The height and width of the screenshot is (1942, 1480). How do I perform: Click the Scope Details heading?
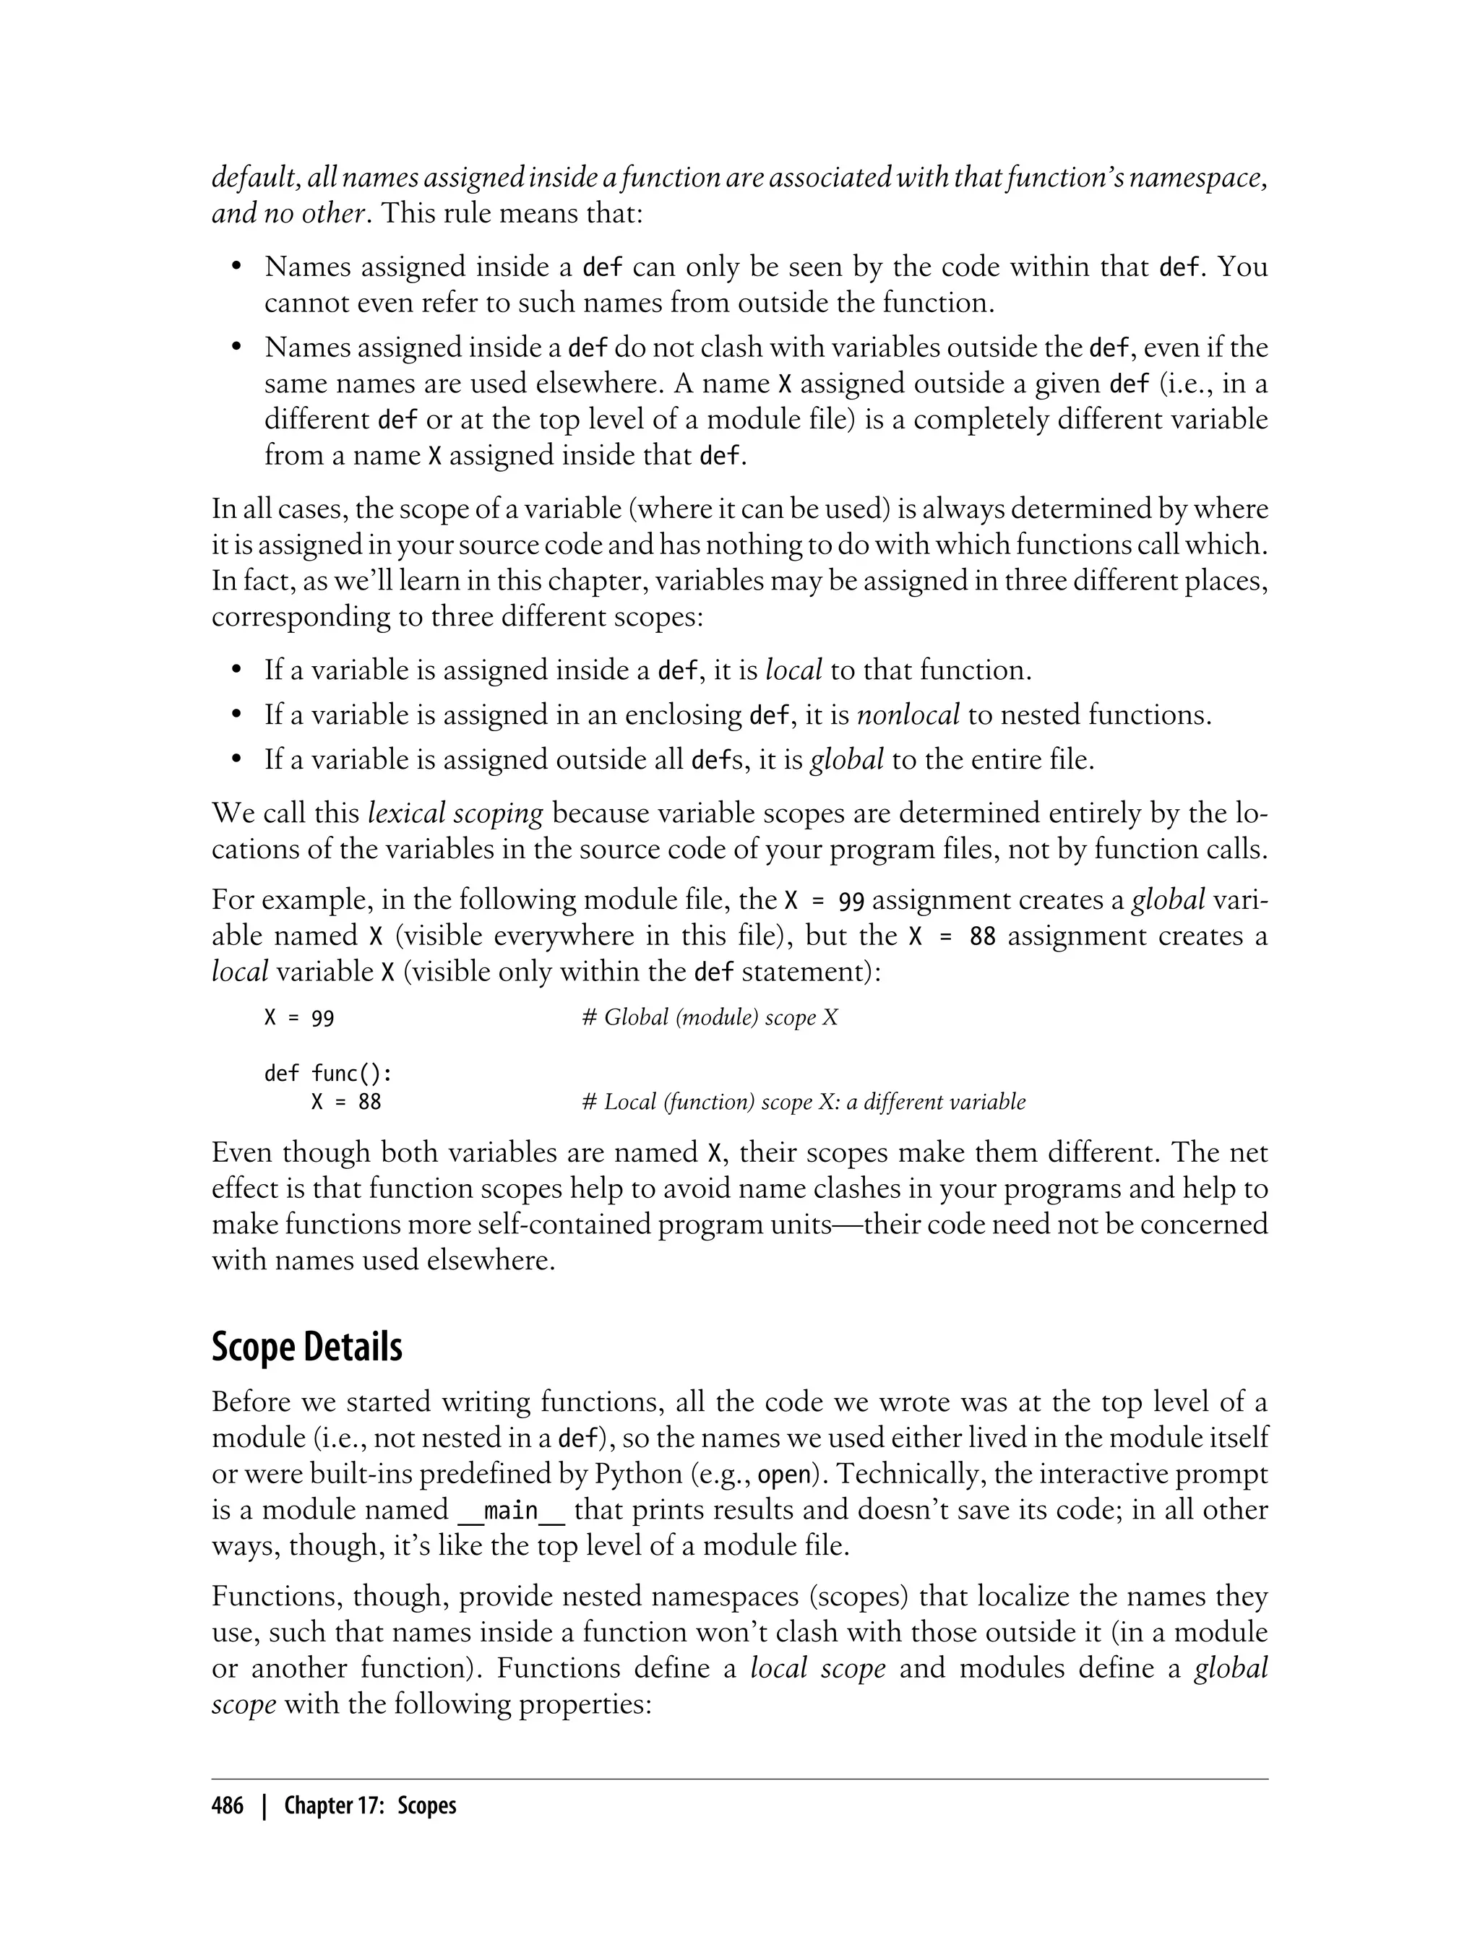(306, 1347)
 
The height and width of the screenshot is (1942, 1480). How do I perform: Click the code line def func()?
(327, 1074)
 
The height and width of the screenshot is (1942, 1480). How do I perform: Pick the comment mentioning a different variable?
(804, 1102)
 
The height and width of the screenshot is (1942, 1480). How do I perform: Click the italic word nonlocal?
(908, 715)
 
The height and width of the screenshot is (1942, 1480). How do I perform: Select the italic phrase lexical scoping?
(455, 813)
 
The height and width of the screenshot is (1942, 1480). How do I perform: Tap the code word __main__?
(512, 1511)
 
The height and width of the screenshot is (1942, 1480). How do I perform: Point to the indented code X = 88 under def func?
(346, 1102)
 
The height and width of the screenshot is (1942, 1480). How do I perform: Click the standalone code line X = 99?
(299, 1018)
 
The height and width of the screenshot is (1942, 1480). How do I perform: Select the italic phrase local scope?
(817, 1669)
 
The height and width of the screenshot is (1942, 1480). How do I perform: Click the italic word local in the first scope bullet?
(793, 670)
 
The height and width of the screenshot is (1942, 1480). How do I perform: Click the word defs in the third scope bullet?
(710, 759)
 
